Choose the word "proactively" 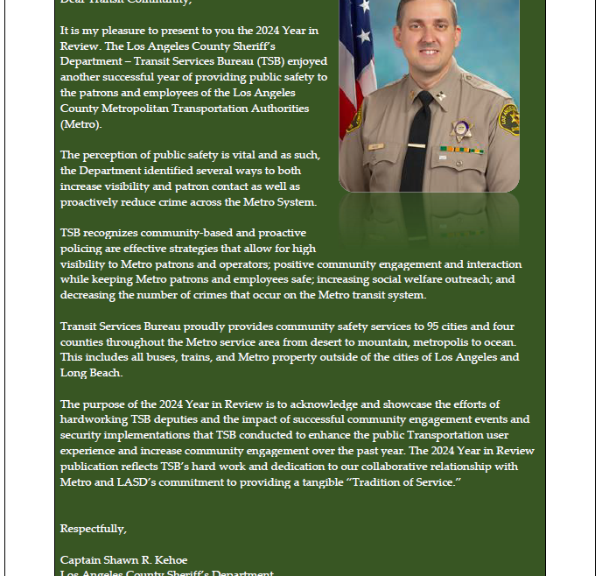[x=89, y=202]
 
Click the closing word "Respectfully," [x=94, y=529]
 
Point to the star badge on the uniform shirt [x=460, y=130]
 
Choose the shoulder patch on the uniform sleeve [x=508, y=118]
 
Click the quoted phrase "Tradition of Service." [x=407, y=482]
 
